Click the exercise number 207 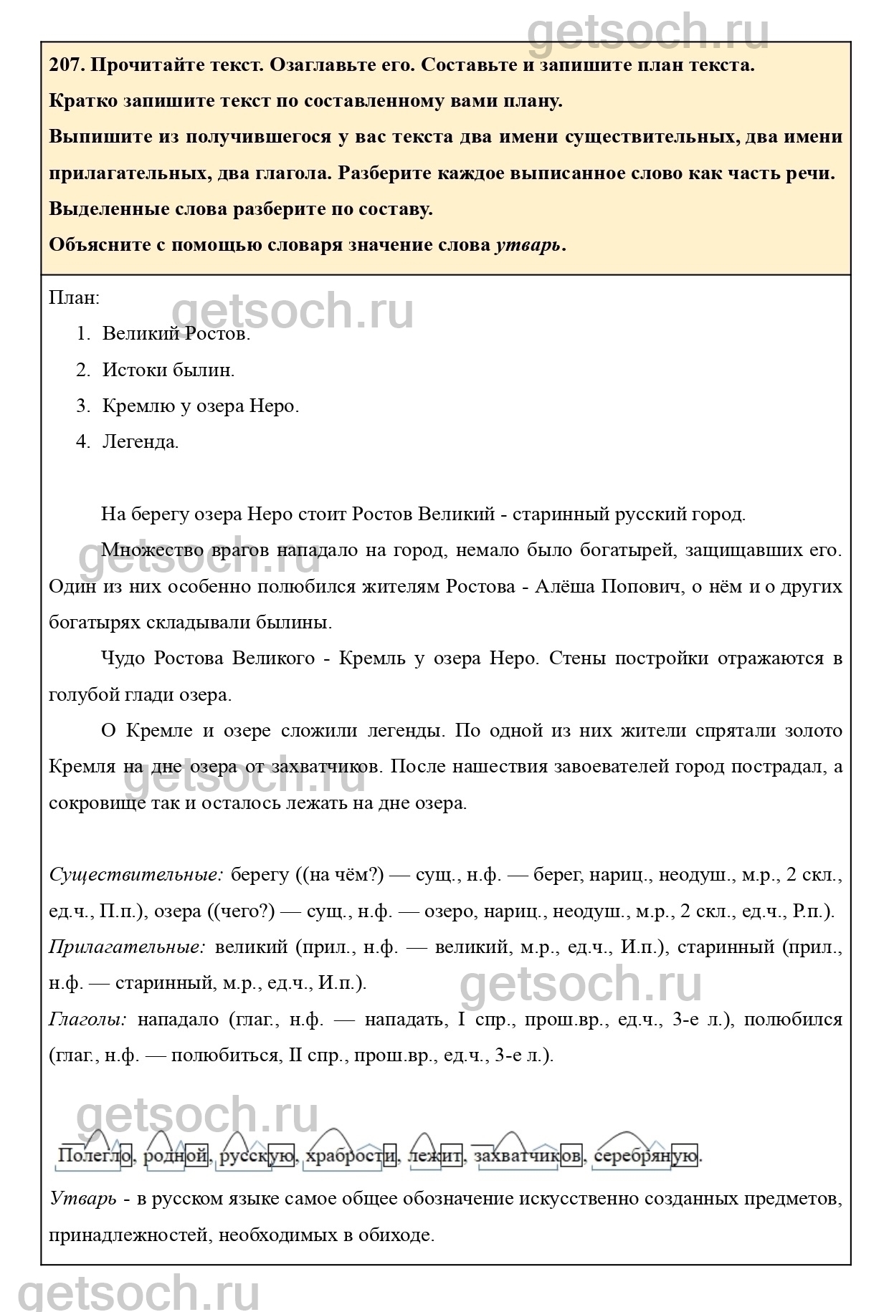66,65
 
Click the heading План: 74,297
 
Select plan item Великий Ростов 176,334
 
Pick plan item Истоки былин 168,370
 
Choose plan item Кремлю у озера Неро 201,406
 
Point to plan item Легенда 141,441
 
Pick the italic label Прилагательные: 127,947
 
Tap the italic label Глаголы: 88,1019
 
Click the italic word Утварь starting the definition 82,1199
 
